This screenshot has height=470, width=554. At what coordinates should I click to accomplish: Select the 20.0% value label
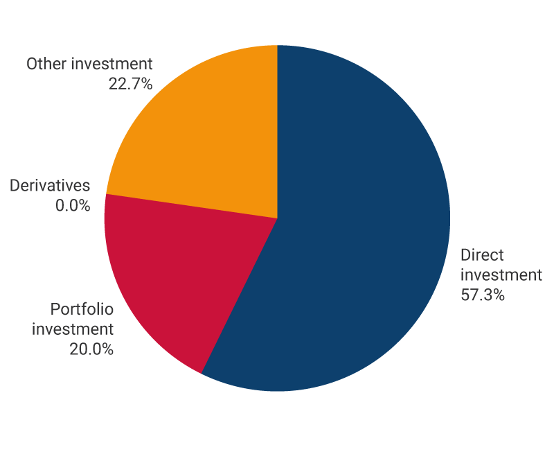point(91,348)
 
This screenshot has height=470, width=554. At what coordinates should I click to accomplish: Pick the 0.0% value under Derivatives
point(73,205)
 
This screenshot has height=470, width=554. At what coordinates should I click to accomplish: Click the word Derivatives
point(50,186)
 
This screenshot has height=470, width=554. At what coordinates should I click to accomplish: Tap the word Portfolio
point(82,309)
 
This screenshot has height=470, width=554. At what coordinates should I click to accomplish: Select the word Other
point(46,64)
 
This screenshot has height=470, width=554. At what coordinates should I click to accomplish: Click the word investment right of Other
point(111,64)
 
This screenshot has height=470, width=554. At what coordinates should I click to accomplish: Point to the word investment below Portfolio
point(72,329)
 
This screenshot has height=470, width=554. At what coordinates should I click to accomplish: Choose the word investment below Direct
point(501,275)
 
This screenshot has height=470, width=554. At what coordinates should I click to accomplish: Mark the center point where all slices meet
point(277,218)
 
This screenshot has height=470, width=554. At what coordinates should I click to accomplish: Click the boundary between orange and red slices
point(191,206)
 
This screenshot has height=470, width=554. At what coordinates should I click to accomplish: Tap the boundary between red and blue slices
point(239,297)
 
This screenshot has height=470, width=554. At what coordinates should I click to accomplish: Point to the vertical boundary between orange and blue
point(277,132)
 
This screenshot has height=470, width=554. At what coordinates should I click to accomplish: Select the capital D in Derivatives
point(15,186)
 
